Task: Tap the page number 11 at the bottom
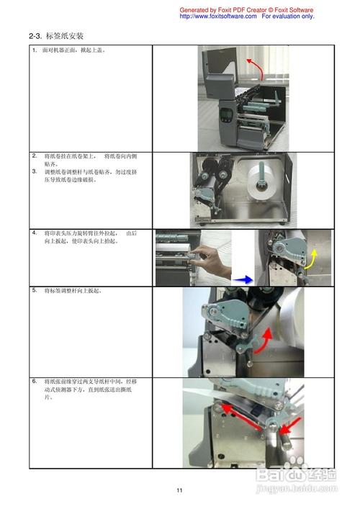tap(180, 490)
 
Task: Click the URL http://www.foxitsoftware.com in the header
tap(217, 16)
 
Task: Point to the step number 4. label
tap(35, 233)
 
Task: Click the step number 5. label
tap(35, 290)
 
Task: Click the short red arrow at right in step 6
tap(285, 432)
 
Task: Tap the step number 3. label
tap(35, 171)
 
